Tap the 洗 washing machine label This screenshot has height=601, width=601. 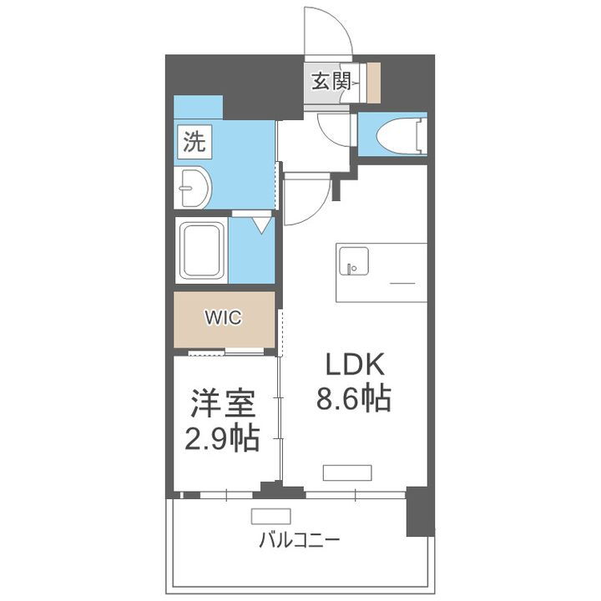point(194,142)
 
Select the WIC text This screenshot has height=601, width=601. point(224,318)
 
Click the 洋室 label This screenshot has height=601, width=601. point(221,405)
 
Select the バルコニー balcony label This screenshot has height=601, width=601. point(299,540)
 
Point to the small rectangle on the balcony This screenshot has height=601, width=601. point(270,516)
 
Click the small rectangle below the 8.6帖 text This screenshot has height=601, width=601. point(346,473)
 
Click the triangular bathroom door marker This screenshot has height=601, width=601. point(262,224)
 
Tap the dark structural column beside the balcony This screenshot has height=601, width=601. point(420,511)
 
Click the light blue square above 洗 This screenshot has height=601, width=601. point(198,108)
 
